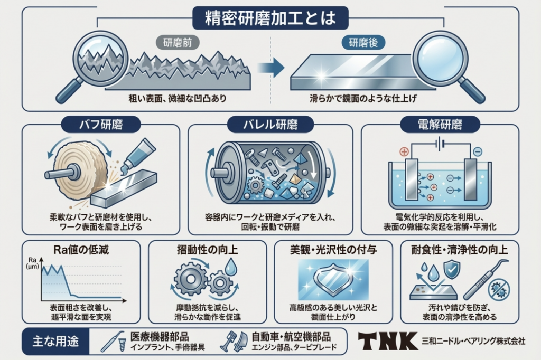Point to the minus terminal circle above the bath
coord(477,151)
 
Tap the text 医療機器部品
coord(159,336)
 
